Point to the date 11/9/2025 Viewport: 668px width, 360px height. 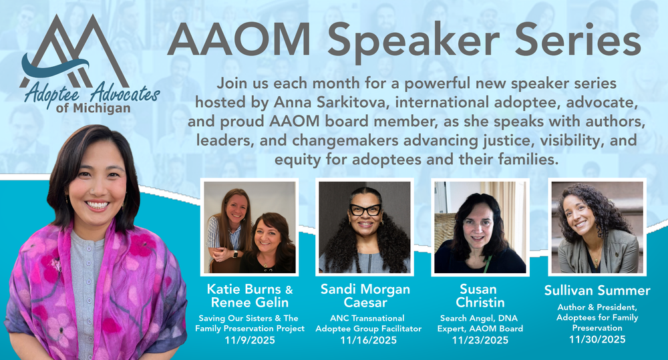point(250,340)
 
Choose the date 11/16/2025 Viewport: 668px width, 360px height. point(369,340)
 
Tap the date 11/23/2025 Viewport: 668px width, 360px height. point(480,340)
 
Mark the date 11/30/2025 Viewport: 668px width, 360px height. point(597,339)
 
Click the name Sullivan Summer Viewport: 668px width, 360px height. point(597,291)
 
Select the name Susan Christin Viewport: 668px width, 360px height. point(480,296)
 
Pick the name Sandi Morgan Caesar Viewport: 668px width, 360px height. point(365,296)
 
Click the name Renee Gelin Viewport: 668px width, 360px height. point(250,303)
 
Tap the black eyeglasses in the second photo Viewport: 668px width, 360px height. point(365,210)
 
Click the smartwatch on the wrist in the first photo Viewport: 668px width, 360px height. point(235,254)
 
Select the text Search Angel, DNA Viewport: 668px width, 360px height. point(479,318)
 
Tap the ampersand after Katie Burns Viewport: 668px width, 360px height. point(289,290)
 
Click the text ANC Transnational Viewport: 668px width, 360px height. point(367,318)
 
